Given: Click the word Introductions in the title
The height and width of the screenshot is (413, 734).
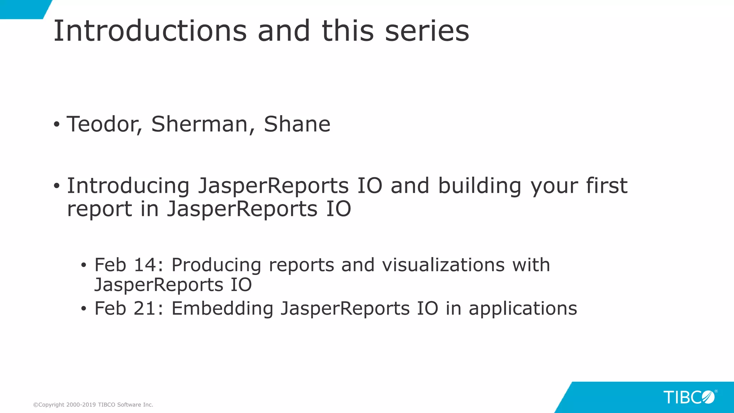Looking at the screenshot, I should click(x=150, y=31).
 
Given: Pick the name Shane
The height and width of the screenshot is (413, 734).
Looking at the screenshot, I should click(x=297, y=124).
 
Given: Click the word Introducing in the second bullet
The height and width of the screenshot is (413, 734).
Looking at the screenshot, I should click(x=128, y=186).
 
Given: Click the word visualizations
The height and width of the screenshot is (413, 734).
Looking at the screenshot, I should click(x=443, y=265).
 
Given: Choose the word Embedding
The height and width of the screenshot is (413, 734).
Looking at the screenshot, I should click(x=222, y=309).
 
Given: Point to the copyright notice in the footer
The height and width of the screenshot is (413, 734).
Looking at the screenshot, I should click(x=93, y=405).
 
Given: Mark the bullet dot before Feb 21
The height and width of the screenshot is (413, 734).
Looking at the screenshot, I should click(x=84, y=309).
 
